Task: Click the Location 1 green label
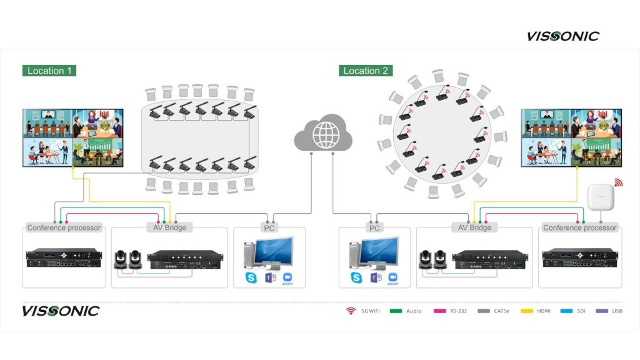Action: pos(49,71)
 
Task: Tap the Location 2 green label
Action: pos(366,71)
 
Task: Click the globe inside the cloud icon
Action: pos(323,134)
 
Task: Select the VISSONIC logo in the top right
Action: pos(562,36)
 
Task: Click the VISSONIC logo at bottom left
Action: pos(61,311)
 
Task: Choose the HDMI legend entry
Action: pos(540,311)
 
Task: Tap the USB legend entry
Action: pos(612,311)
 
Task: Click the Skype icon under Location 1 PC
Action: pos(252,277)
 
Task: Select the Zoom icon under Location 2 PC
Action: pos(393,277)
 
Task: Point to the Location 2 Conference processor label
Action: pos(579,227)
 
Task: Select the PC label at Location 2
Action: pos(374,228)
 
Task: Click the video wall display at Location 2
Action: pos(571,137)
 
